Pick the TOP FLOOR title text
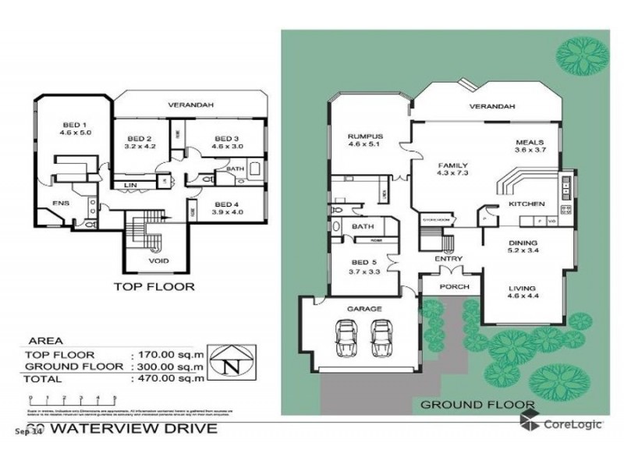tap(154, 286)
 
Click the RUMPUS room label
tap(364, 138)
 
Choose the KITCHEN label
tap(526, 204)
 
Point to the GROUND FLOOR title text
tap(477, 404)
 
